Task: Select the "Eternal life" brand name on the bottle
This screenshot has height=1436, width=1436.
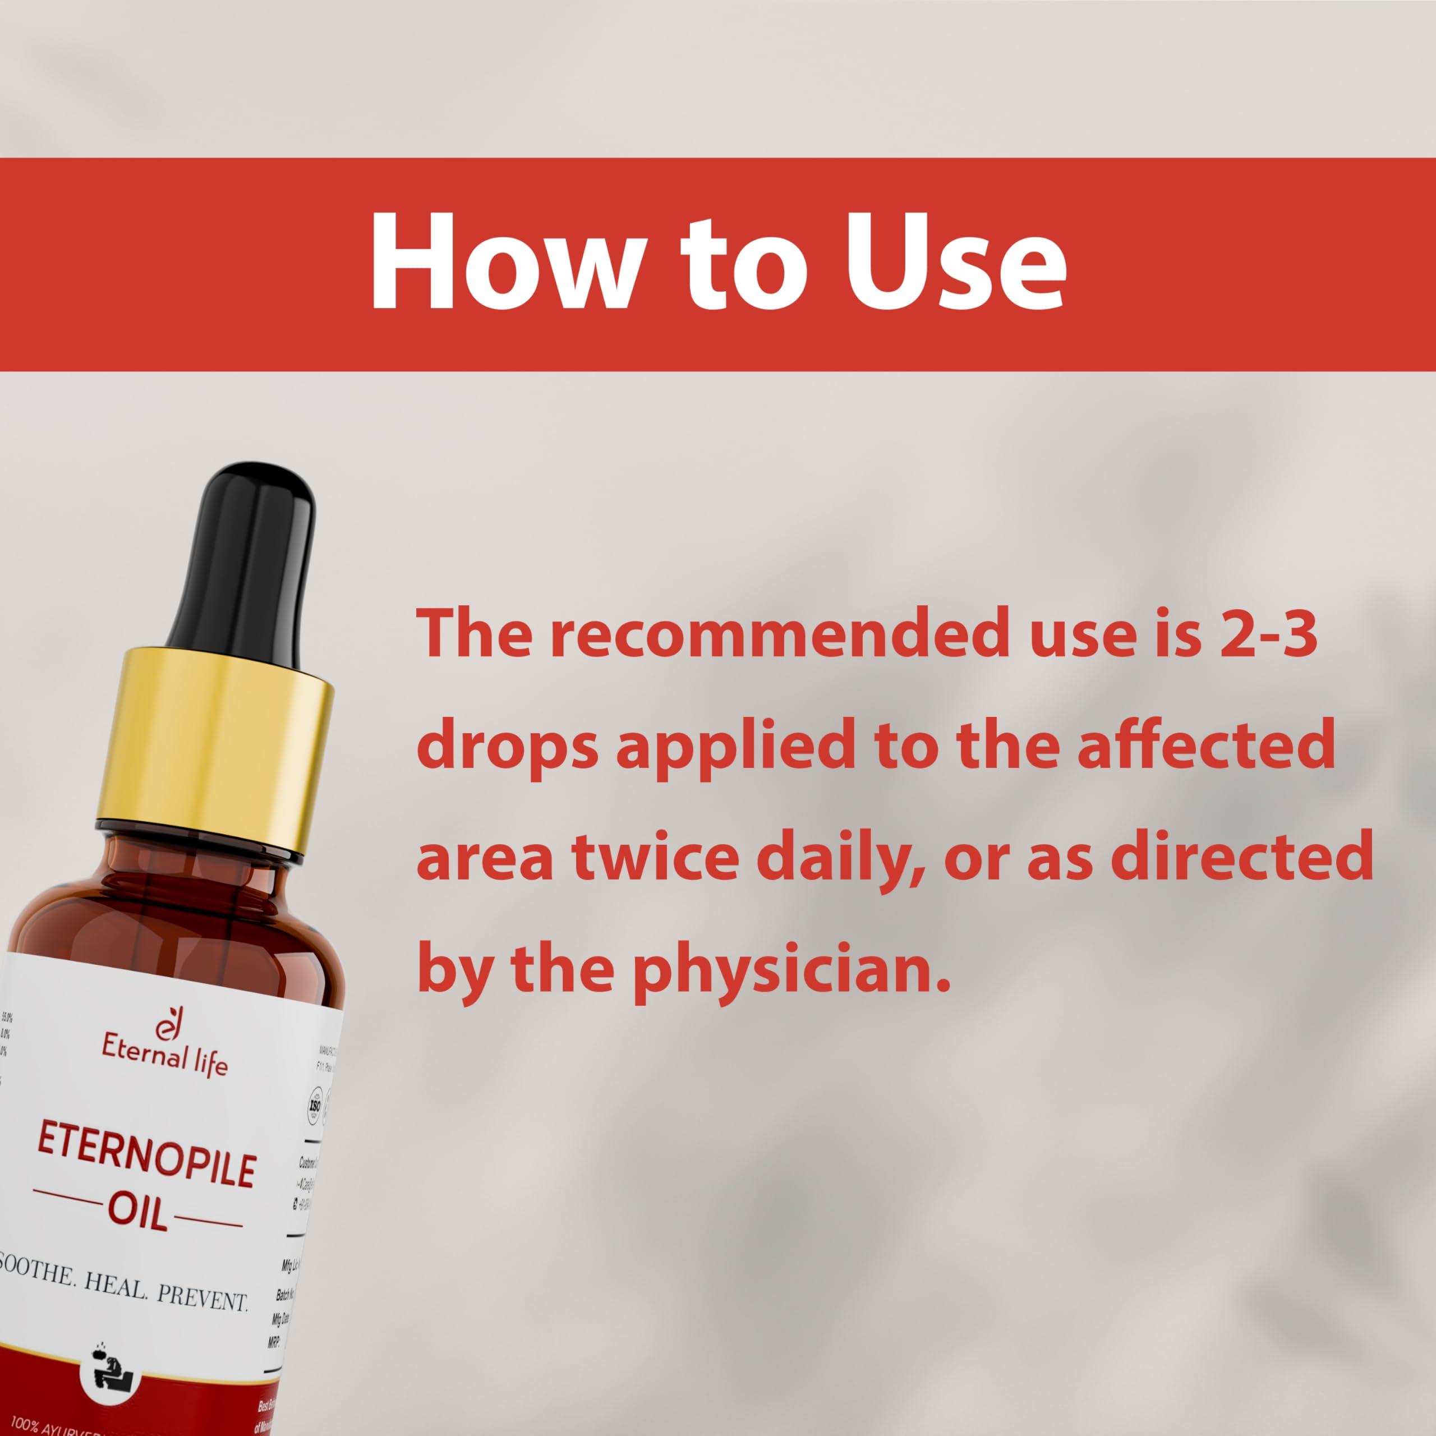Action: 165,1063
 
